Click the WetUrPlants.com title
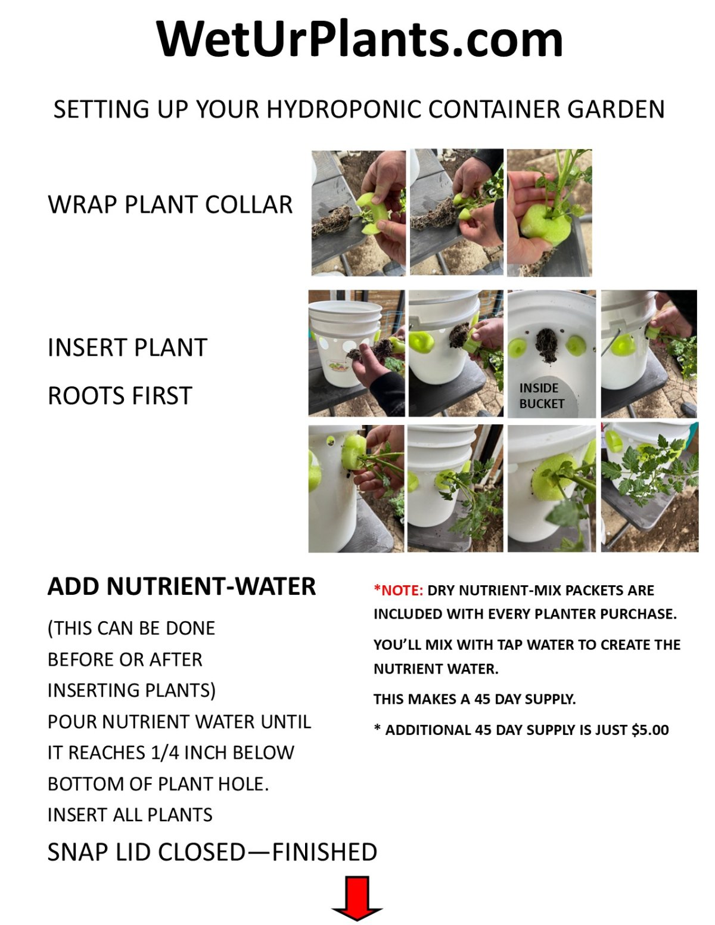click(359, 39)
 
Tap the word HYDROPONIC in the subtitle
click(345, 109)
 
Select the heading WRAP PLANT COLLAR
click(170, 204)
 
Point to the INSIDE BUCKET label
click(542, 396)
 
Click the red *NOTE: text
click(398, 591)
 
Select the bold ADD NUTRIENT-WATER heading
click(182, 586)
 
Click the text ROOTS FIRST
click(120, 396)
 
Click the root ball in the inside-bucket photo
click(547, 345)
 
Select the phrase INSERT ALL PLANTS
click(130, 815)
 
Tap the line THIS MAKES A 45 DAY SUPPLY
click(475, 699)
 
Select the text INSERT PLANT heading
click(128, 347)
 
